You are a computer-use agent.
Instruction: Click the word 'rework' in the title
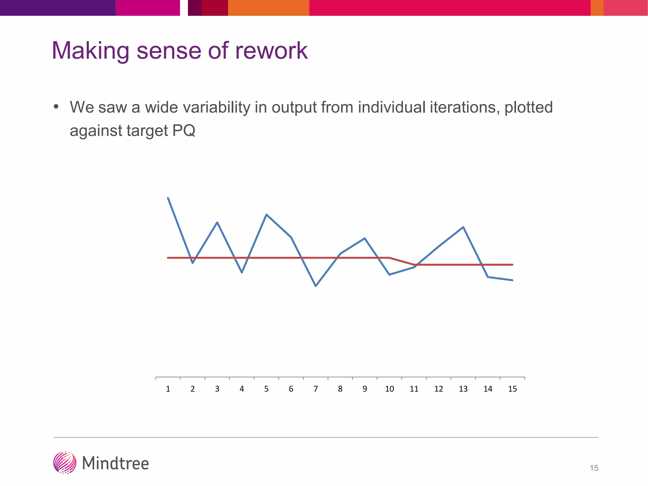coord(271,51)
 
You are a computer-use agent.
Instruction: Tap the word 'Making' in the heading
coord(90,51)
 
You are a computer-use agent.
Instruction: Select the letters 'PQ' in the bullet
coord(184,130)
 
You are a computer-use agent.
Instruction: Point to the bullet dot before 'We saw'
coord(56,107)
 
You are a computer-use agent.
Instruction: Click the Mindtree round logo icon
coord(65,463)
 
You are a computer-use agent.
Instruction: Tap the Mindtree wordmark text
coord(115,463)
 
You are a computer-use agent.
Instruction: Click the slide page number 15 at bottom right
coord(594,468)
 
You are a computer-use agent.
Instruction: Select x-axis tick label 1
coord(168,389)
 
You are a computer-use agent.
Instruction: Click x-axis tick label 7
coord(315,389)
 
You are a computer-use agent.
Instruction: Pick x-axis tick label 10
coord(389,389)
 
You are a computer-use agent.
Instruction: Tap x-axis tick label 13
coord(463,389)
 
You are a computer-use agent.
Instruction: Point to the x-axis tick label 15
coord(512,389)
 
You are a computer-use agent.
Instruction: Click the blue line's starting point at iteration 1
coord(168,198)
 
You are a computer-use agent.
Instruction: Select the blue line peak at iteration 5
coord(266,215)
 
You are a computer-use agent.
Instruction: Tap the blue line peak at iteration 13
coord(463,227)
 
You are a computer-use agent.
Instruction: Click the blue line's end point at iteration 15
coord(512,280)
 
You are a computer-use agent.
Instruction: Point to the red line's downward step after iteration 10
coord(402,261)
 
